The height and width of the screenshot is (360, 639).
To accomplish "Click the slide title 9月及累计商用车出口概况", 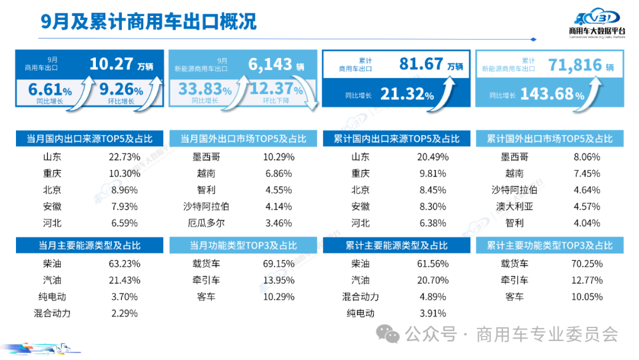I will click(149, 22).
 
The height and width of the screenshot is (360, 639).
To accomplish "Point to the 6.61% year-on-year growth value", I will click(50, 91).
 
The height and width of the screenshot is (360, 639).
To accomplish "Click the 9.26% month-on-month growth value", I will click(121, 91).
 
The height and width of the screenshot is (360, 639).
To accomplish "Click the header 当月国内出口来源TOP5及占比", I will click(89, 139).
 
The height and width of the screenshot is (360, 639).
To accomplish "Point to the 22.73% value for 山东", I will click(124, 157).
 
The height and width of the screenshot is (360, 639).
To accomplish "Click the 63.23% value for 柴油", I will click(124, 263).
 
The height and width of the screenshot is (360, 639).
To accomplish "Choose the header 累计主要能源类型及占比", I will click(396, 246).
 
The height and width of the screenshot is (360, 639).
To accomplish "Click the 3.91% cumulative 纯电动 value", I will click(434, 313).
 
